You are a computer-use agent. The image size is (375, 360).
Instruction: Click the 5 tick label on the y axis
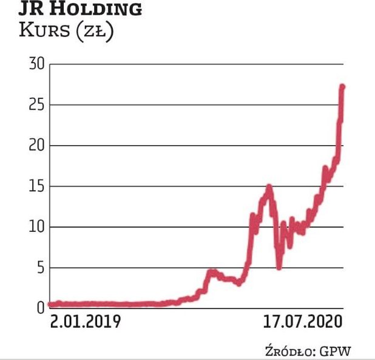click(x=40, y=268)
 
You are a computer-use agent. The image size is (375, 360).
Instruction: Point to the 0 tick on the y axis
click(x=40, y=308)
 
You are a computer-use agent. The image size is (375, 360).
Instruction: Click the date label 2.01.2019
click(x=85, y=321)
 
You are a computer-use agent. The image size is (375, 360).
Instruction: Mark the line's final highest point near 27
click(x=342, y=87)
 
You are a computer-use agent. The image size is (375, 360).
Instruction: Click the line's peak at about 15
click(x=268, y=187)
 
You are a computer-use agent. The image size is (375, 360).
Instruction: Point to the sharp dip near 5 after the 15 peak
click(x=279, y=267)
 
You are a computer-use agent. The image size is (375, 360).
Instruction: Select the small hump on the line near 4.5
click(x=211, y=272)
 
